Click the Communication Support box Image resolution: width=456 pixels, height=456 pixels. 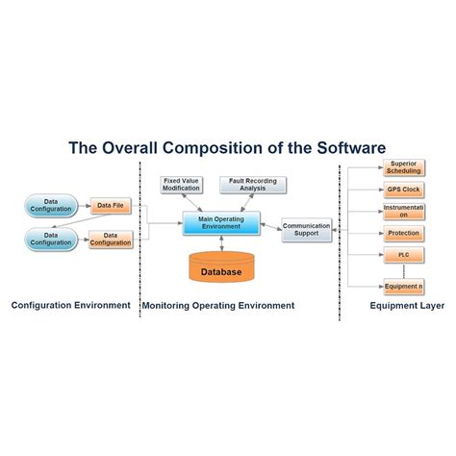coord(306,229)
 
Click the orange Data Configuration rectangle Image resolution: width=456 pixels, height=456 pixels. coord(111,239)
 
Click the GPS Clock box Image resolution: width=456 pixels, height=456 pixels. coord(404,190)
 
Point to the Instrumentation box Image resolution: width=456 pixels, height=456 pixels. coord(404,211)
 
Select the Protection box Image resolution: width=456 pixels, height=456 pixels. coord(404,234)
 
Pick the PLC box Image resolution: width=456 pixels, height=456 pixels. coord(404,254)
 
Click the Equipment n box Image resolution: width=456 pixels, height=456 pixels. coord(404,286)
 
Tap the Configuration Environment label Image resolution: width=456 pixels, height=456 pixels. coord(70,306)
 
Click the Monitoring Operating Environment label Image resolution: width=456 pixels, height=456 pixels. coord(218,306)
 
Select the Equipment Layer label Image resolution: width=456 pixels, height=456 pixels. coord(407,306)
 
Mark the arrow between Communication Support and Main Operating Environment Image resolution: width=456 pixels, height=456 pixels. coord(268,228)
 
